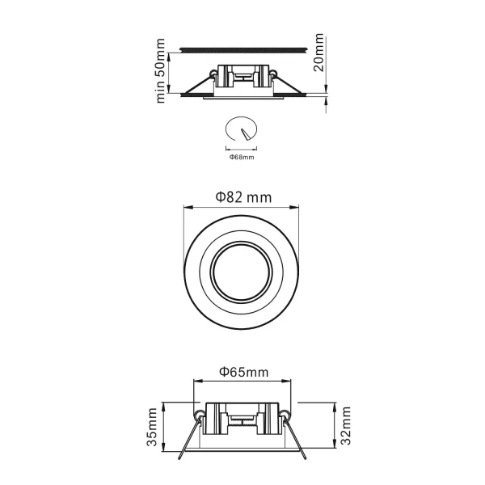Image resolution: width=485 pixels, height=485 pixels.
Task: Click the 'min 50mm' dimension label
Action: point(161,70)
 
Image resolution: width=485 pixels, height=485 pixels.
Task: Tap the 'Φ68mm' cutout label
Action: point(242,157)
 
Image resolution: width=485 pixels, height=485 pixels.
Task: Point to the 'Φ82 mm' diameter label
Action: point(242,196)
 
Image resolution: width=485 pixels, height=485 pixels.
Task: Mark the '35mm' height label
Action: point(153,428)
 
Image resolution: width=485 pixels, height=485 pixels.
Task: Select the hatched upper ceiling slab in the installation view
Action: point(242,46)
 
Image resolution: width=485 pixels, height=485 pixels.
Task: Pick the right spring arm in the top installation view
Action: point(288,86)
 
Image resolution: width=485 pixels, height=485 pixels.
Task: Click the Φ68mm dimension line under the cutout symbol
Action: point(242,149)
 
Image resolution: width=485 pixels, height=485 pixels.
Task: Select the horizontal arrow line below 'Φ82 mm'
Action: point(242,207)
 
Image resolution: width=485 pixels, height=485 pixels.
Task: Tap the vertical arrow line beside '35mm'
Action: point(165,428)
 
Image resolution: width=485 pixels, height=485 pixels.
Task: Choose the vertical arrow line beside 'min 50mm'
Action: point(172,71)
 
